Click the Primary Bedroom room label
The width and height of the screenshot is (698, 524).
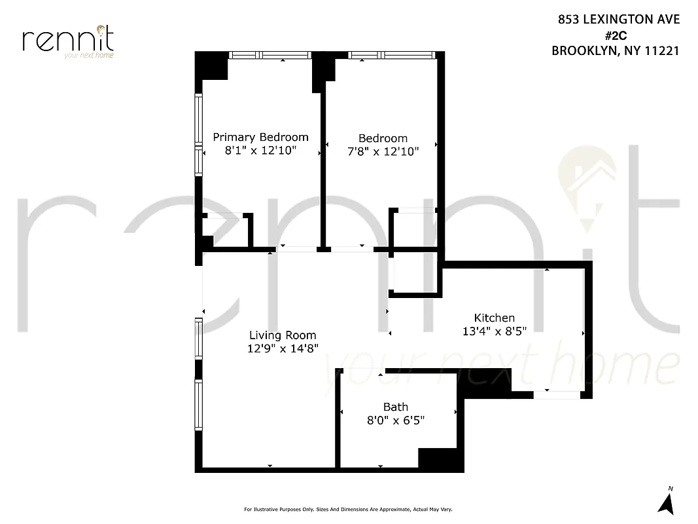260,137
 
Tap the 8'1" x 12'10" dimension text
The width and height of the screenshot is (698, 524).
260,151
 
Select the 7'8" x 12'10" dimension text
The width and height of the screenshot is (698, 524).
383,151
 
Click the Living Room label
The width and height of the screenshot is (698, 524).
283,335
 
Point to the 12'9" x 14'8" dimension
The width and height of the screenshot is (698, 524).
283,348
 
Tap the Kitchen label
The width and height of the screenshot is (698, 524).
494,318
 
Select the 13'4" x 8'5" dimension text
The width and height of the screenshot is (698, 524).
494,331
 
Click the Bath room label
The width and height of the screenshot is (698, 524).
395,407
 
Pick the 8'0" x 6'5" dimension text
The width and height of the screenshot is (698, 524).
395,421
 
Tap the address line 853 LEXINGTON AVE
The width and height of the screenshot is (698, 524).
618,20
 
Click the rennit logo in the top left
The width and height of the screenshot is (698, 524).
68,41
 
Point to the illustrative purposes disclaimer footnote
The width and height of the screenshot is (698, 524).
348,510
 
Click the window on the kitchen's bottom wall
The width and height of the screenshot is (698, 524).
555,394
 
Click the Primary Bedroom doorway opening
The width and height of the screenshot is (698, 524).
296,249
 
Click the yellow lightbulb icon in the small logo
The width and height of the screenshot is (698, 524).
101,30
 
